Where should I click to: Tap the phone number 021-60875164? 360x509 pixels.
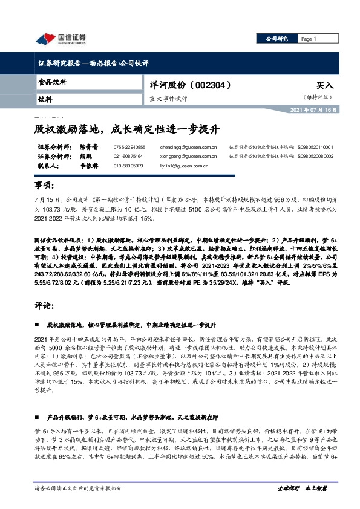(129, 155)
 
